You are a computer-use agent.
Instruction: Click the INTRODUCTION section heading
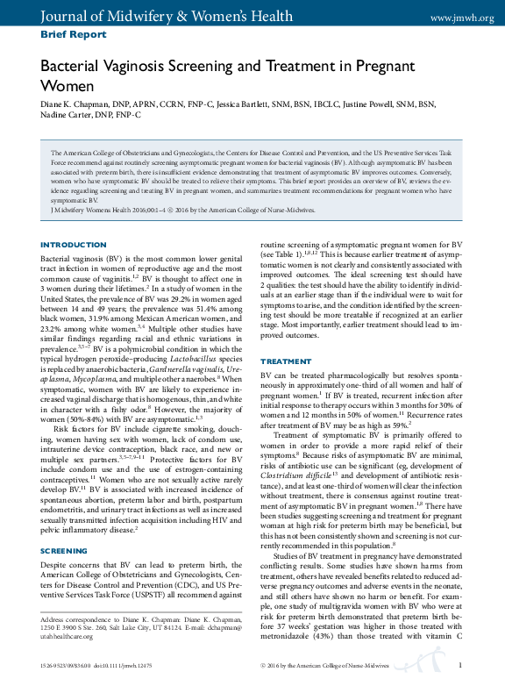74,245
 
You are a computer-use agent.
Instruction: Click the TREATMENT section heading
286,361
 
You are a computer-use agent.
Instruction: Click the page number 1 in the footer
460,666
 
